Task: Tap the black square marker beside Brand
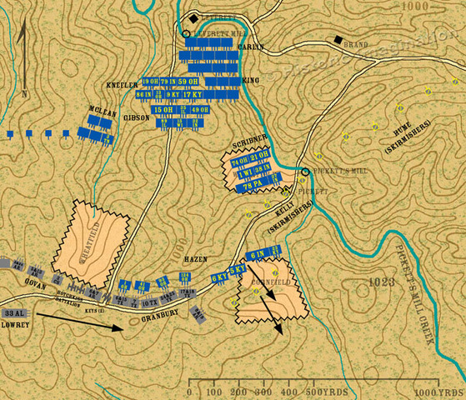click(338, 40)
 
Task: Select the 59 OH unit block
click(188, 82)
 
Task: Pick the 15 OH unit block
click(163, 109)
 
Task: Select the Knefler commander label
click(122, 85)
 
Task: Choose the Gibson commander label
click(137, 117)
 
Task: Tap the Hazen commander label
click(195, 260)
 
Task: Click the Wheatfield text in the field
click(94, 247)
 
